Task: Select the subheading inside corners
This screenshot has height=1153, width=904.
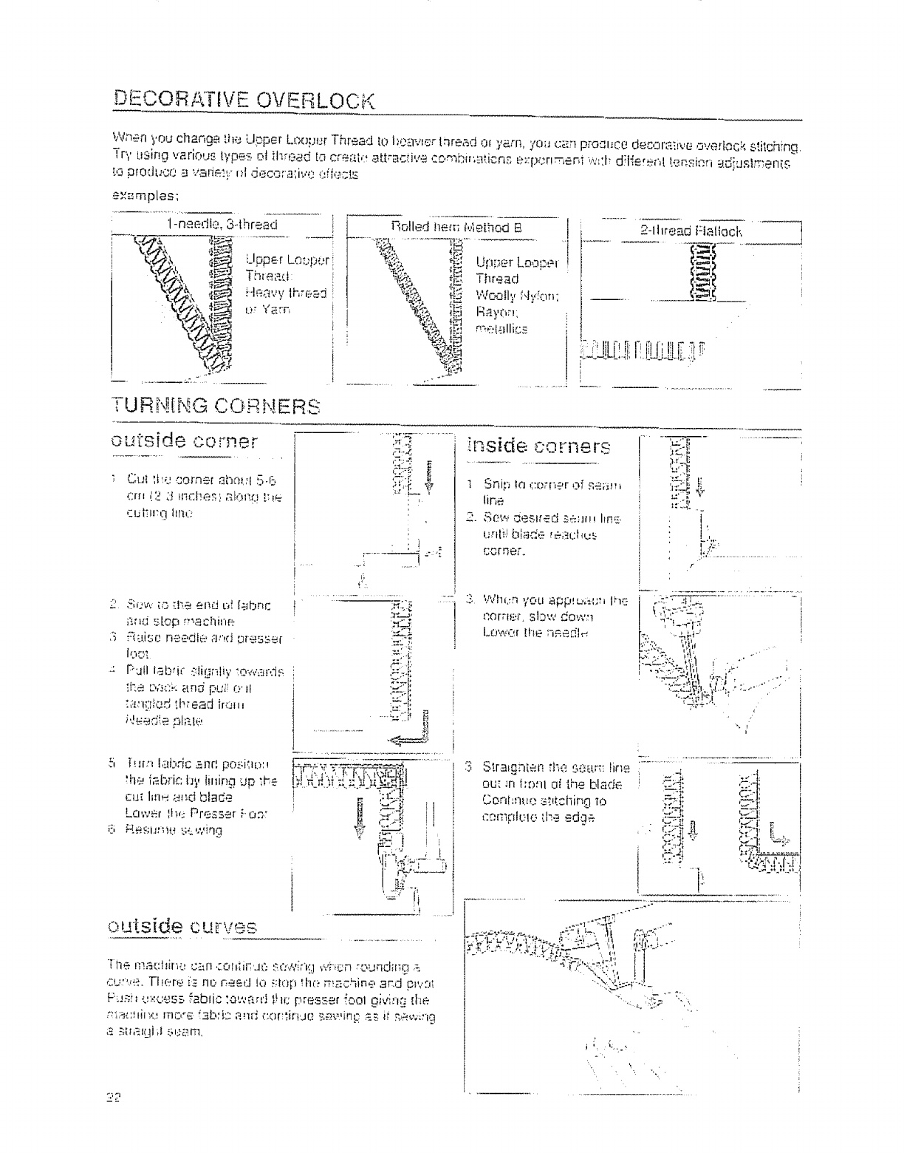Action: tap(540, 447)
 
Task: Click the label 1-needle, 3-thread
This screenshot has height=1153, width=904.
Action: tap(222, 225)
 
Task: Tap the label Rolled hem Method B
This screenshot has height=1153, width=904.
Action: tap(456, 228)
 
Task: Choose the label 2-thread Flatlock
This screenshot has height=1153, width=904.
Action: tap(691, 231)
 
